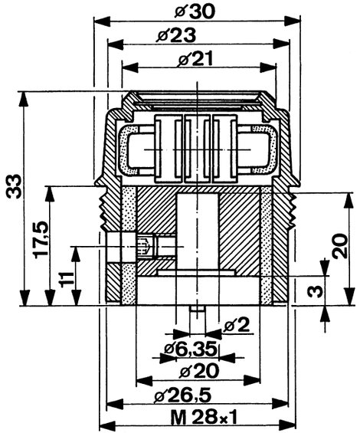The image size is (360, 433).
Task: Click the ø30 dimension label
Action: (195, 12)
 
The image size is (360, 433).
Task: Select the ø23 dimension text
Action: (176, 36)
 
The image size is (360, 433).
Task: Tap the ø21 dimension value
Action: (195, 59)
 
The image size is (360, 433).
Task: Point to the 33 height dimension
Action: (14, 186)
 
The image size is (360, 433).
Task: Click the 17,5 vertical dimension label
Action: (41, 240)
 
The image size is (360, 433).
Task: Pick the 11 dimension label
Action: (67, 280)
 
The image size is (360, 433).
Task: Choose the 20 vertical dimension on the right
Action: (339, 246)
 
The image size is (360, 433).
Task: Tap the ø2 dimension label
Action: (237, 325)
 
